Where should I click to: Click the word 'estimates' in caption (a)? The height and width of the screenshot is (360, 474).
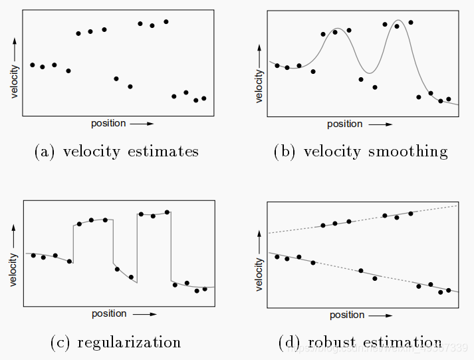pos(164,152)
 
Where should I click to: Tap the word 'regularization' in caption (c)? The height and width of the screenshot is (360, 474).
pos(129,343)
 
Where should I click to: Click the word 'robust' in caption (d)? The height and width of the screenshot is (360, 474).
pos(330,343)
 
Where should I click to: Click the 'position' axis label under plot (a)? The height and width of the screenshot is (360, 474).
pos(108,123)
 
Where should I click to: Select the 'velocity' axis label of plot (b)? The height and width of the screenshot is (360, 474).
pos(260,85)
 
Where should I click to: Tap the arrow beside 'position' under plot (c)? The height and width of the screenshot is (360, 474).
pos(144,314)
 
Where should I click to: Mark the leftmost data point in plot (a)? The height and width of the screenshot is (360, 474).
pos(33,65)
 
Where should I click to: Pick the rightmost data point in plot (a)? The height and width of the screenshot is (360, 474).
pos(204,98)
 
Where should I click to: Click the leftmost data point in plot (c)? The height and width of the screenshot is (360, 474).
pos(33,255)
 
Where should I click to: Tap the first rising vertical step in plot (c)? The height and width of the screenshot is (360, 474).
pos(73,244)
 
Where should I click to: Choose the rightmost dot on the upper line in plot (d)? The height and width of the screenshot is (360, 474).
pos(411,213)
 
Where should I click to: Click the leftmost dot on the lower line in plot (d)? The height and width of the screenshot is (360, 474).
pos(277,256)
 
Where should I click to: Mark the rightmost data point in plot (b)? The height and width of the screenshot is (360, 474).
pos(449,99)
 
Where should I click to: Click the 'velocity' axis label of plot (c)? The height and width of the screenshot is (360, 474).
pos(14,269)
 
